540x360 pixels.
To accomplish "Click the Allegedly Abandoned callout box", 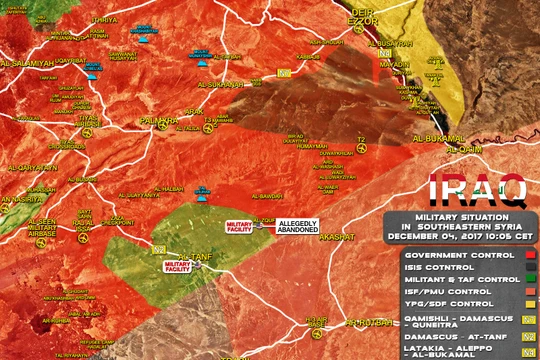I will click(297, 227).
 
